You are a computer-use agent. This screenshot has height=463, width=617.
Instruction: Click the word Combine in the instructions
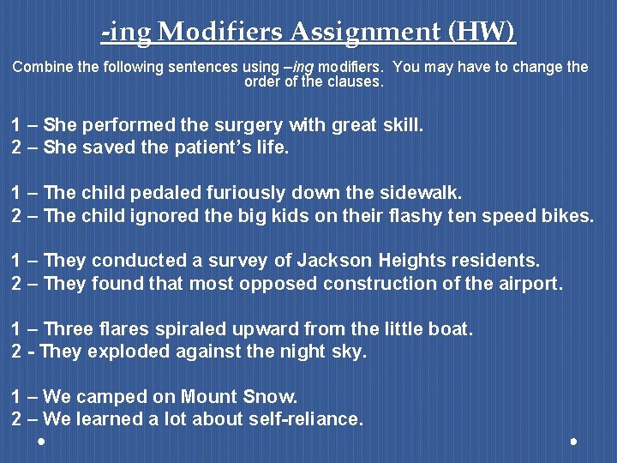40,67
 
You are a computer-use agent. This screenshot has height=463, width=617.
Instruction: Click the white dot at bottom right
573,442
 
